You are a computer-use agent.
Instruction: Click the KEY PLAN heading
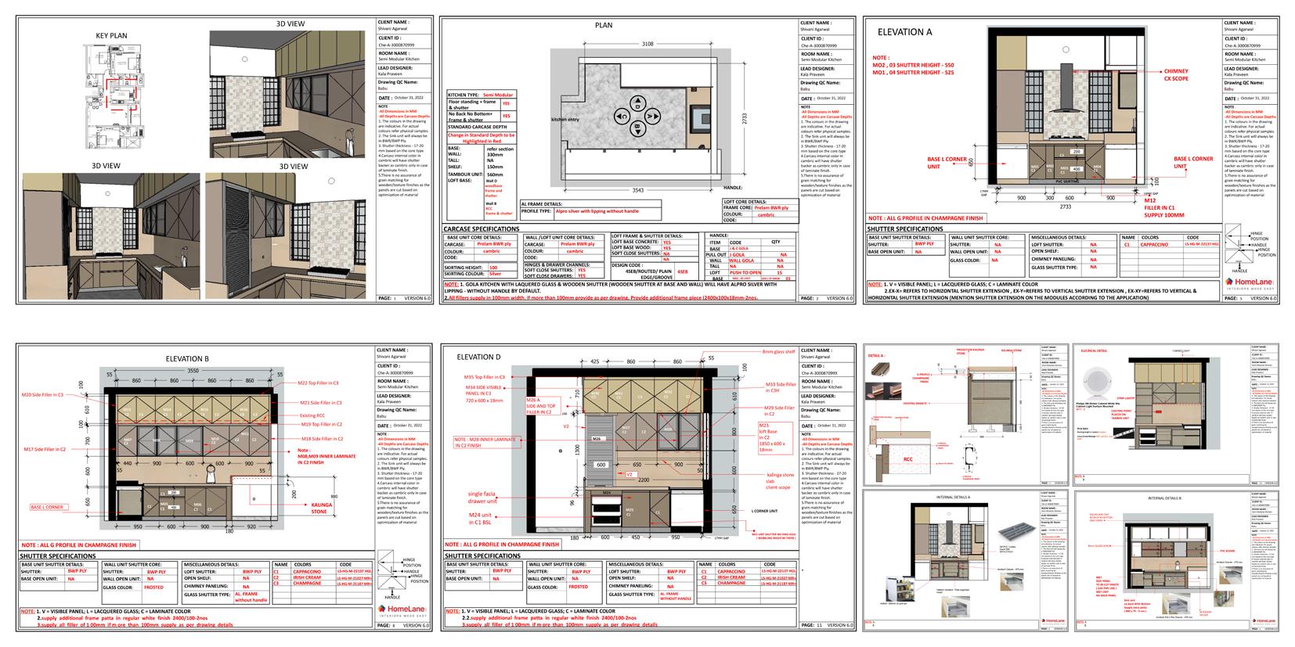(x=111, y=36)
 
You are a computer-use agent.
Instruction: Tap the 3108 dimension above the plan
(x=647, y=44)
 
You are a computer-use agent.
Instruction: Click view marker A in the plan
(x=637, y=102)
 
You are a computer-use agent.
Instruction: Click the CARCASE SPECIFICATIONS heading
(x=482, y=229)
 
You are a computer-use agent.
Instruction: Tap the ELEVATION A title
(x=905, y=32)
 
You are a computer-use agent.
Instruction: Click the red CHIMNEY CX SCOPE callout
(x=1175, y=75)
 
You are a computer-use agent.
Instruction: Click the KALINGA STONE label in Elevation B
(x=319, y=508)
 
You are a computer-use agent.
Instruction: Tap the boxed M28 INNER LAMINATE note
(x=487, y=443)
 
